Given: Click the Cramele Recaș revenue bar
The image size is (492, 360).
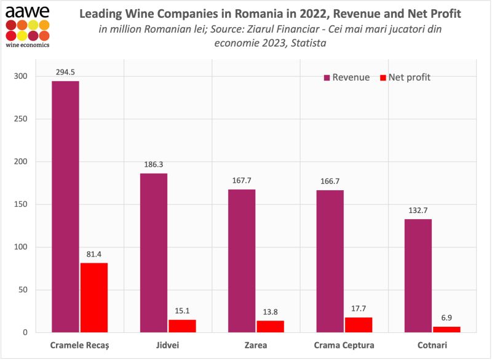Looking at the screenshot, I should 65,207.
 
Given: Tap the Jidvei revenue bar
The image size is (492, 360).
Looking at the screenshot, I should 153,253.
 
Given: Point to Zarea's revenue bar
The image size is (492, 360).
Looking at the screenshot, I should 241,261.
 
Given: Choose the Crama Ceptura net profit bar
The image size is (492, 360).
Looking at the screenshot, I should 359,325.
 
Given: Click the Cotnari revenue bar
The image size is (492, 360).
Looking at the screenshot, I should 418,276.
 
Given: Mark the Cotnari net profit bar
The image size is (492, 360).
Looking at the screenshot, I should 446,329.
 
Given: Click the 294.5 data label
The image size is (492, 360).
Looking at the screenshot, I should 65,72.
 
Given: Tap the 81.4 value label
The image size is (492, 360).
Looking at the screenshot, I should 94,254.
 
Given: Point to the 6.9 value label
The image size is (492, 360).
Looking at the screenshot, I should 446,317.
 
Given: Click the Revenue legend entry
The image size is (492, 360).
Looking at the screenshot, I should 347,78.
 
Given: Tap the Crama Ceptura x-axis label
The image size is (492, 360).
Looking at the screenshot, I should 344,345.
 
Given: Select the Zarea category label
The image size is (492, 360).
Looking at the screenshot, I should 255,345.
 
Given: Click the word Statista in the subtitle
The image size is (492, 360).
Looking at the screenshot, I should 302,42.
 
